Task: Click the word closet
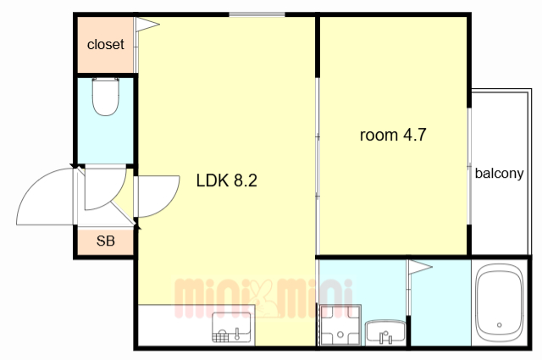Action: point(105,45)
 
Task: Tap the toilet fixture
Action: point(106,97)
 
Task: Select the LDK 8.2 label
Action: point(227,180)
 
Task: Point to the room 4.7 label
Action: point(393,135)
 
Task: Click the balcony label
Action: point(499,173)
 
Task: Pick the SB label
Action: point(105,241)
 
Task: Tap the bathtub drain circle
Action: point(499,325)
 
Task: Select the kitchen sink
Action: point(231,327)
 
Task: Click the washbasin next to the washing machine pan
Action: point(385,332)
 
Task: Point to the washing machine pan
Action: point(340,324)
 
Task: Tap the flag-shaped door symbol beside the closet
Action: point(147,25)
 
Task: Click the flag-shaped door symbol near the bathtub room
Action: point(420,267)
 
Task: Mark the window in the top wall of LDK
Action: point(257,14)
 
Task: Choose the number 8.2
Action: point(246,180)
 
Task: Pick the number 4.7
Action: point(415,135)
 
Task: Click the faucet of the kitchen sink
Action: point(237,334)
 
